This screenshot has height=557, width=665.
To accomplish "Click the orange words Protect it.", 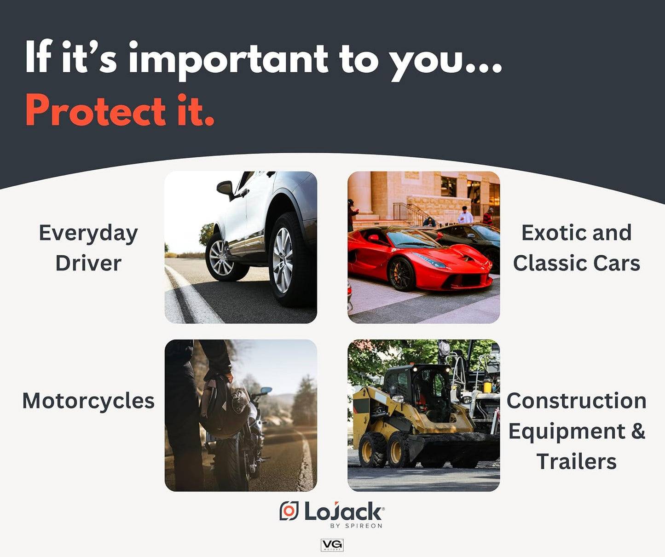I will point(120,110).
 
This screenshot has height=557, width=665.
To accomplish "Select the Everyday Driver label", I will point(88,247).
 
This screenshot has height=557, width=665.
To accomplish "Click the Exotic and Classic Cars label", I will point(576,247).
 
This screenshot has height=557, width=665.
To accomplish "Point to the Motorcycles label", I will point(88,401).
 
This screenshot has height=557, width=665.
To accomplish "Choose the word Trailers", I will point(576,461).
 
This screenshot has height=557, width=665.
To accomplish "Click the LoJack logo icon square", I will point(289,511).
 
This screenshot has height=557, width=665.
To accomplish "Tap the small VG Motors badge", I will point(332,545).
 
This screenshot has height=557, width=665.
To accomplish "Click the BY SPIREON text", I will point(356,526).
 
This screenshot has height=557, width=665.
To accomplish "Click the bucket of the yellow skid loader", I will point(453,448).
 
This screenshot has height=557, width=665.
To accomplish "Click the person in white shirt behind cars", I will point(465,215).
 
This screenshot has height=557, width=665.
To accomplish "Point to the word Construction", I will point(576,401).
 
